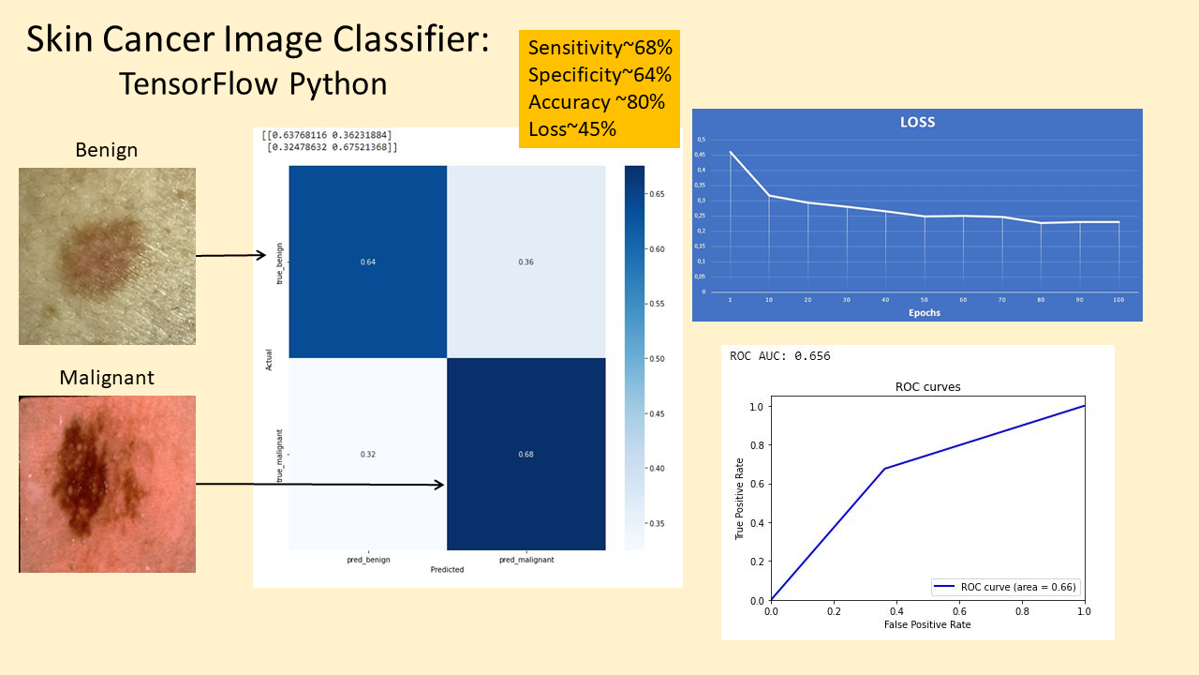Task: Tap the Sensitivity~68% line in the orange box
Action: point(599,48)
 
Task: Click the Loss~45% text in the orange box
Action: point(572,129)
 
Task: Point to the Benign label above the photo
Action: point(107,150)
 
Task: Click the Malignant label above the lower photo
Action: point(107,378)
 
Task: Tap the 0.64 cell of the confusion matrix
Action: point(368,262)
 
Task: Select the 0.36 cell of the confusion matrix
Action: point(525,262)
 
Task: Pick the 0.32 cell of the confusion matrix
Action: point(368,454)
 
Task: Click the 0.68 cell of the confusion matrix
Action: point(525,454)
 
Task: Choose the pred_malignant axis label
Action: point(525,559)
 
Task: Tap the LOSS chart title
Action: point(917,122)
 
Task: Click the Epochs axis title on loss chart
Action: point(917,313)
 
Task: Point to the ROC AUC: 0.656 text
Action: point(780,356)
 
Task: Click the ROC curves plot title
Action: point(927,386)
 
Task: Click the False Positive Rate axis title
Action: point(926,624)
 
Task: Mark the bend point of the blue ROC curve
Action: point(884,469)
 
